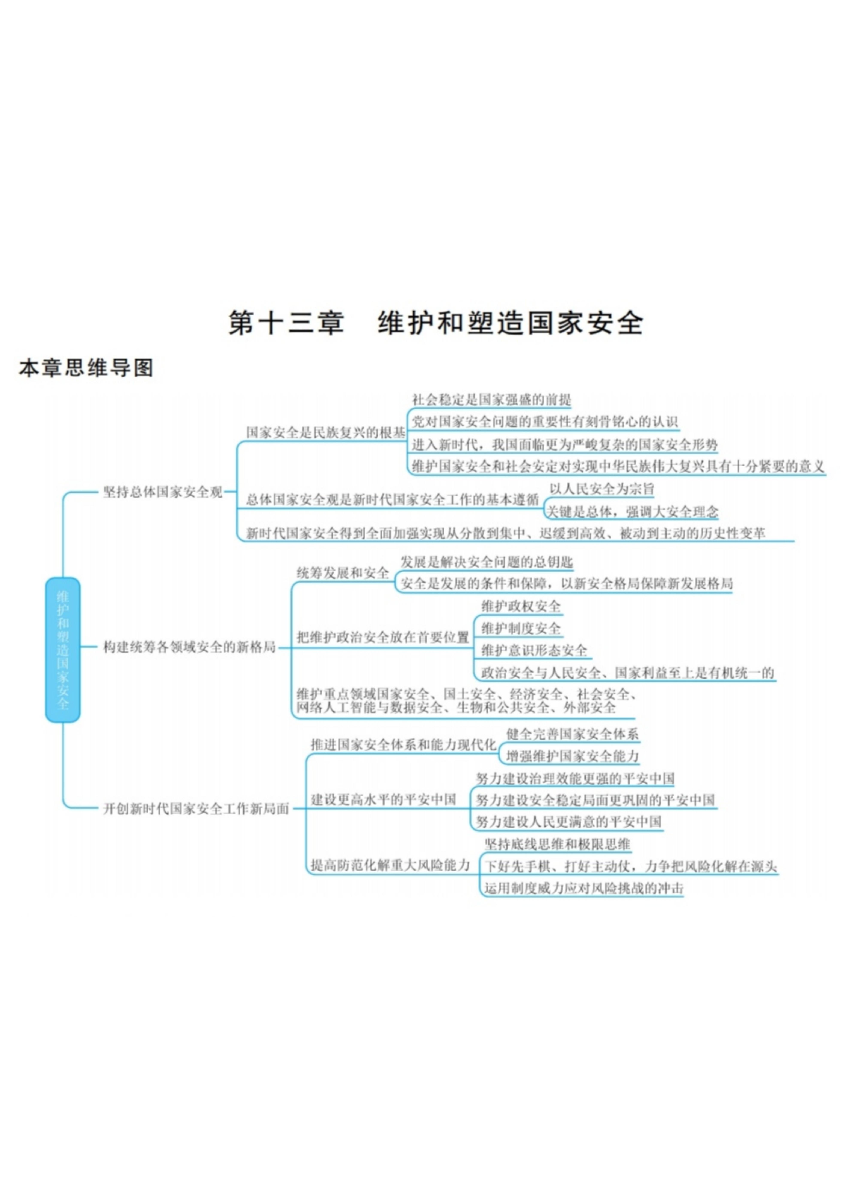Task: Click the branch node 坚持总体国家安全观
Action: click(162, 492)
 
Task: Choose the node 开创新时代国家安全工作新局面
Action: click(196, 809)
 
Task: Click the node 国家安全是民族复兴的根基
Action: click(325, 433)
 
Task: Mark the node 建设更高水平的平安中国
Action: click(383, 799)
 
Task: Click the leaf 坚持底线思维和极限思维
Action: click(557, 844)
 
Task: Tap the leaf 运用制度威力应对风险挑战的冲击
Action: click(583, 888)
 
